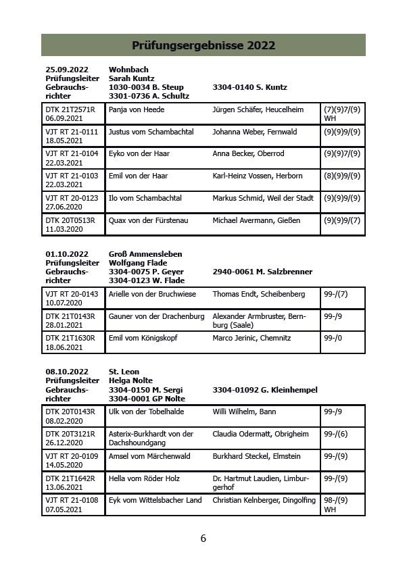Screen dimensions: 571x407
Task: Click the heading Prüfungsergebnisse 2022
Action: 203,45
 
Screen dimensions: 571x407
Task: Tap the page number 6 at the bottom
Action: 203,539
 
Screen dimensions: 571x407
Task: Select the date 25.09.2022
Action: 67,70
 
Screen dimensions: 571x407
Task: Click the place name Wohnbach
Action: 128,70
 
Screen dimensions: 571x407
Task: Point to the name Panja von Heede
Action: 137,109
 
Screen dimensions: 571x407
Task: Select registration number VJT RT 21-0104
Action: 72,154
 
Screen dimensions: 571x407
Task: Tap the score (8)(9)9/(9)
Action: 342,176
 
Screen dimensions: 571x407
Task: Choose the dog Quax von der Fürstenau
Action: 149,220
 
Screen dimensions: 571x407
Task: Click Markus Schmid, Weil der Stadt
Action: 263,198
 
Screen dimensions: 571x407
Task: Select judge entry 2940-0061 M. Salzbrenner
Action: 262,272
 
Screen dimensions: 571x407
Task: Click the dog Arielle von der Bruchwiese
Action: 152,294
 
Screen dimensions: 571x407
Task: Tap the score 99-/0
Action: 333,338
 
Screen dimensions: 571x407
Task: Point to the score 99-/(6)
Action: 336,434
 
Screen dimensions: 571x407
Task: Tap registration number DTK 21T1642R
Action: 70,478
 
